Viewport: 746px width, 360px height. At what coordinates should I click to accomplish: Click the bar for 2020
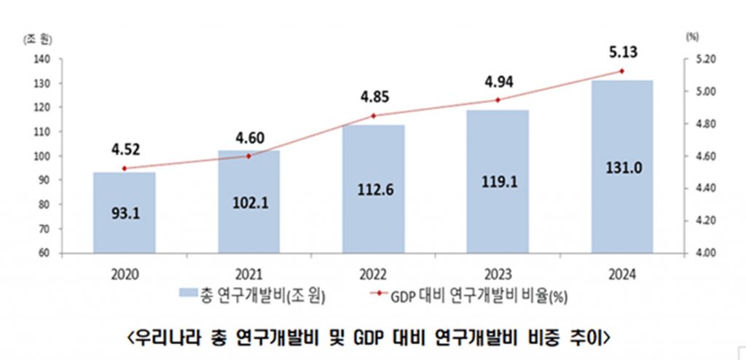tap(124, 213)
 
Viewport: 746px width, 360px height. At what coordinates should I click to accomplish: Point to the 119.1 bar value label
tap(498, 182)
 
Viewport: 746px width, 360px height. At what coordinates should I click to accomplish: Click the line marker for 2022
tap(373, 116)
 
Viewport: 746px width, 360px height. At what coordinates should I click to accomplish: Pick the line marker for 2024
tap(621, 71)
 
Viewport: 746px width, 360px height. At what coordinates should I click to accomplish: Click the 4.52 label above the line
tap(125, 150)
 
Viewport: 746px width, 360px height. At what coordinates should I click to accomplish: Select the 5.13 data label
tap(621, 51)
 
